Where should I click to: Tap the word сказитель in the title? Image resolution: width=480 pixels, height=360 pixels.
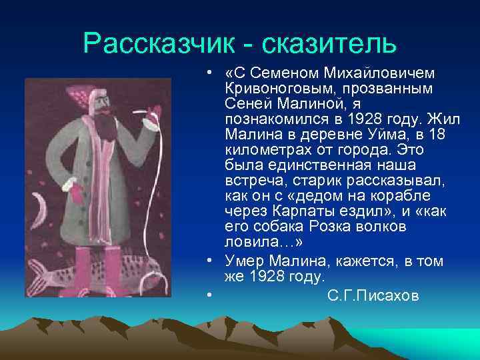click(x=329, y=44)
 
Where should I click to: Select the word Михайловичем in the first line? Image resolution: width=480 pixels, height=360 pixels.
click(x=375, y=71)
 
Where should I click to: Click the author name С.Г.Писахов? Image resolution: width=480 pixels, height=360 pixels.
click(x=373, y=295)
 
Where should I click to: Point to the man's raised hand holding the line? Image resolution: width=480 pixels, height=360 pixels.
click(x=153, y=111)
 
